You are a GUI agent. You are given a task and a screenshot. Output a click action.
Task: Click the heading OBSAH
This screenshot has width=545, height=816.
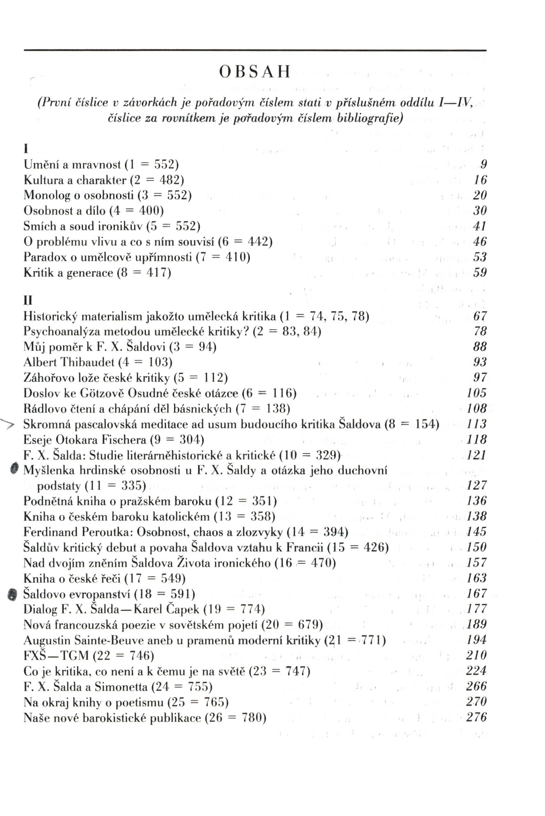[x=255, y=72]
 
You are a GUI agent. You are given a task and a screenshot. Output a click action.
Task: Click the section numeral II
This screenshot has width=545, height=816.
[x=27, y=300]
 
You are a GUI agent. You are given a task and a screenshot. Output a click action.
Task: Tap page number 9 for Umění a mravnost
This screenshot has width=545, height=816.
[x=483, y=164]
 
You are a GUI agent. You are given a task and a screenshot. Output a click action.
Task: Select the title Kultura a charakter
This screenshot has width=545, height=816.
[x=75, y=180]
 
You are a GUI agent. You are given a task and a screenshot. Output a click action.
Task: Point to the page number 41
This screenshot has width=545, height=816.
[x=480, y=226]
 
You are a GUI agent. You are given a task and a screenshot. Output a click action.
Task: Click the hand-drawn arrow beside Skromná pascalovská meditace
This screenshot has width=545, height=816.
[x=8, y=424]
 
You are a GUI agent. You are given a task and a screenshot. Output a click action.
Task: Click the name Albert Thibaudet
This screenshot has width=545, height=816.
[x=69, y=362]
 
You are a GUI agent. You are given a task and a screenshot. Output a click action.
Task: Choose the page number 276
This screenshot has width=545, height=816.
[x=476, y=717]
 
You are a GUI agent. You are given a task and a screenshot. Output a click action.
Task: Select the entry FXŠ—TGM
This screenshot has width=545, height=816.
[x=56, y=655]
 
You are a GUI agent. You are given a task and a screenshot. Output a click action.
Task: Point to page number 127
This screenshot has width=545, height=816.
[x=476, y=485]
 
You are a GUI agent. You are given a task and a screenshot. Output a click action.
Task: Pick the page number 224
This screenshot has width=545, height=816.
[x=476, y=671]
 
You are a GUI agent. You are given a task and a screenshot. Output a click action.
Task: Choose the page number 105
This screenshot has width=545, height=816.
[x=476, y=393]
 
